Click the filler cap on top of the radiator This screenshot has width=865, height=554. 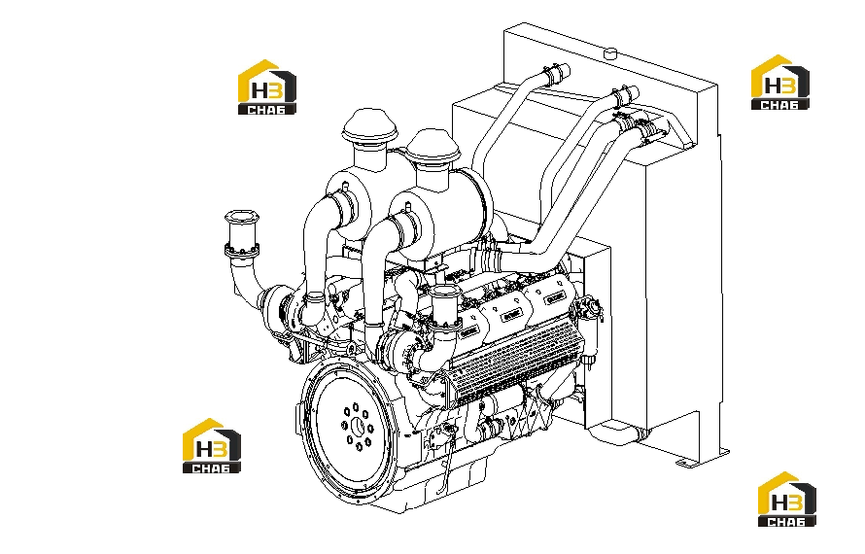[x=609, y=53]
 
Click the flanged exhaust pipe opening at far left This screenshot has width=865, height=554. [x=242, y=234]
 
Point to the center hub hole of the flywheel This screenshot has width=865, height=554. [x=358, y=427]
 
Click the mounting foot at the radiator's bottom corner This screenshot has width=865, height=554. [x=704, y=458]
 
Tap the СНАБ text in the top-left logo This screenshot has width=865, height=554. [x=266, y=109]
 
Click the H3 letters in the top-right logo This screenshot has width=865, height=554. [x=780, y=86]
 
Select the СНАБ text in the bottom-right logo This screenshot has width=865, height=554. [x=786, y=521]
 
